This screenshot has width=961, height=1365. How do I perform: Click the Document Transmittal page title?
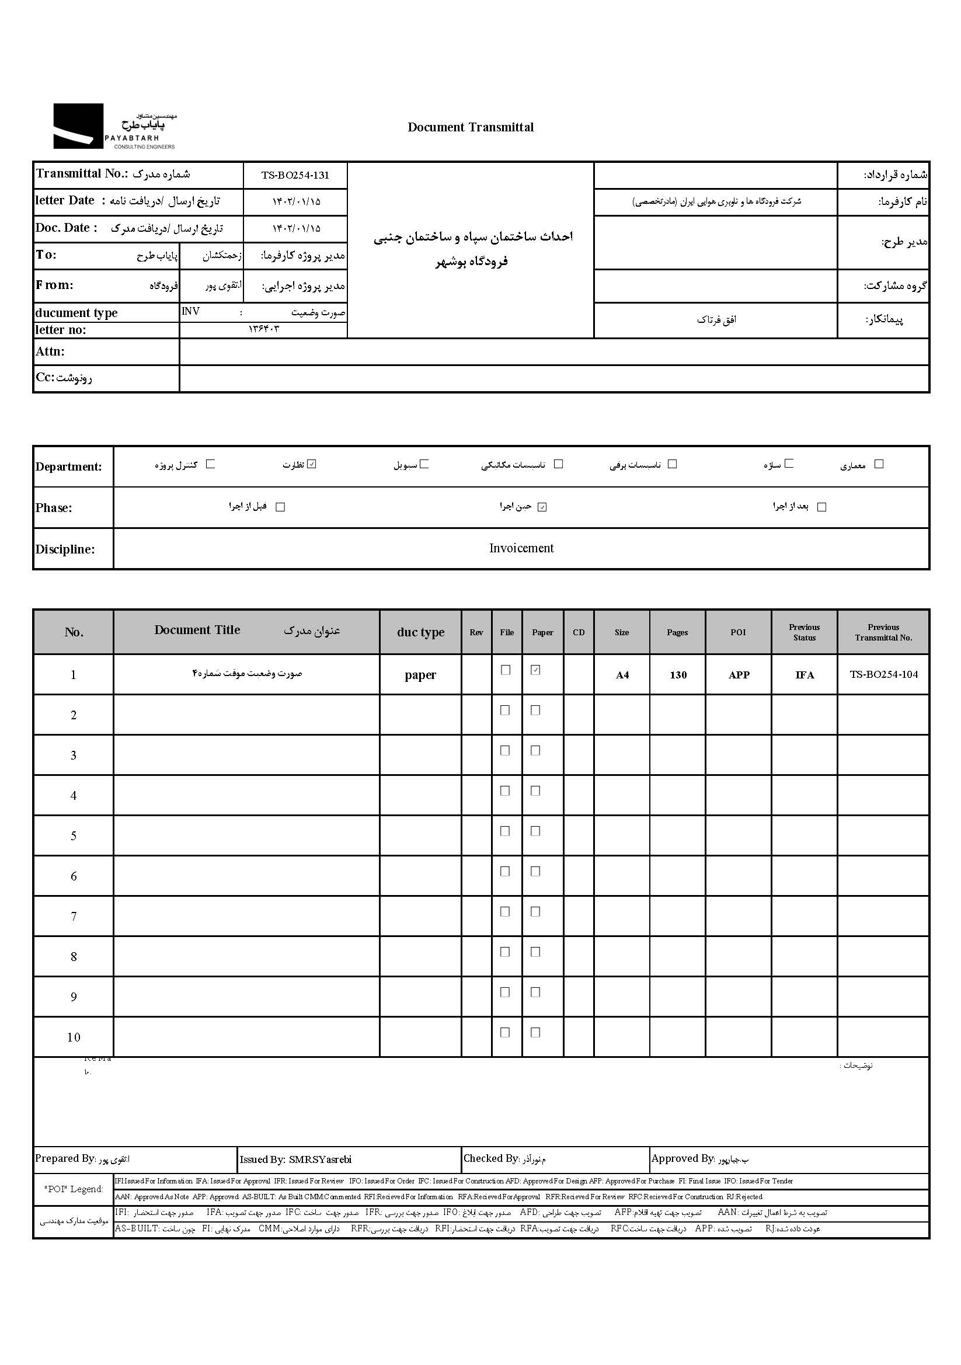pos(471,127)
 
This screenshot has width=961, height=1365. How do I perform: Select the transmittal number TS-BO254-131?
pos(295,175)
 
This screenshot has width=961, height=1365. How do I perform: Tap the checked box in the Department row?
pos(312,464)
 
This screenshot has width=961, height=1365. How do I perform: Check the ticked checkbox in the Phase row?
pos(542,507)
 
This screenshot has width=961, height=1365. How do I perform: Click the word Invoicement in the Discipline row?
pos(521,548)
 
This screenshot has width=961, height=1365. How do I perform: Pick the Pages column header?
pos(677,632)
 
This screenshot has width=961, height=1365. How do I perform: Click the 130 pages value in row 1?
pos(678,675)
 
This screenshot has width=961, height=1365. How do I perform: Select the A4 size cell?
pos(622,675)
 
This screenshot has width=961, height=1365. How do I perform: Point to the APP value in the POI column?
pos(739,675)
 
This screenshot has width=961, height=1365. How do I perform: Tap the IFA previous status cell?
pos(805,675)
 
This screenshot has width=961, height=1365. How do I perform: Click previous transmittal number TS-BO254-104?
pos(883,674)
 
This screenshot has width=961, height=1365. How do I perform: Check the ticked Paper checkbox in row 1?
pos(535,670)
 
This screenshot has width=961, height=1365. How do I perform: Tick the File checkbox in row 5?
pos(505,831)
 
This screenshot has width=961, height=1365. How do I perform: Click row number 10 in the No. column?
pos(74,1037)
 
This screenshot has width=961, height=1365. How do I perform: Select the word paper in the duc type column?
pos(420,675)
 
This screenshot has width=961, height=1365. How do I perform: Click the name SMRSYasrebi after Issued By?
pos(320,1159)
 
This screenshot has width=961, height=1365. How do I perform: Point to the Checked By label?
pos(491,1158)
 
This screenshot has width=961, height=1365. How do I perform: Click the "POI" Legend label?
pos(74,1189)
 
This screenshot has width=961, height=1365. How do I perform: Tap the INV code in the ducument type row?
pos(191,312)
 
